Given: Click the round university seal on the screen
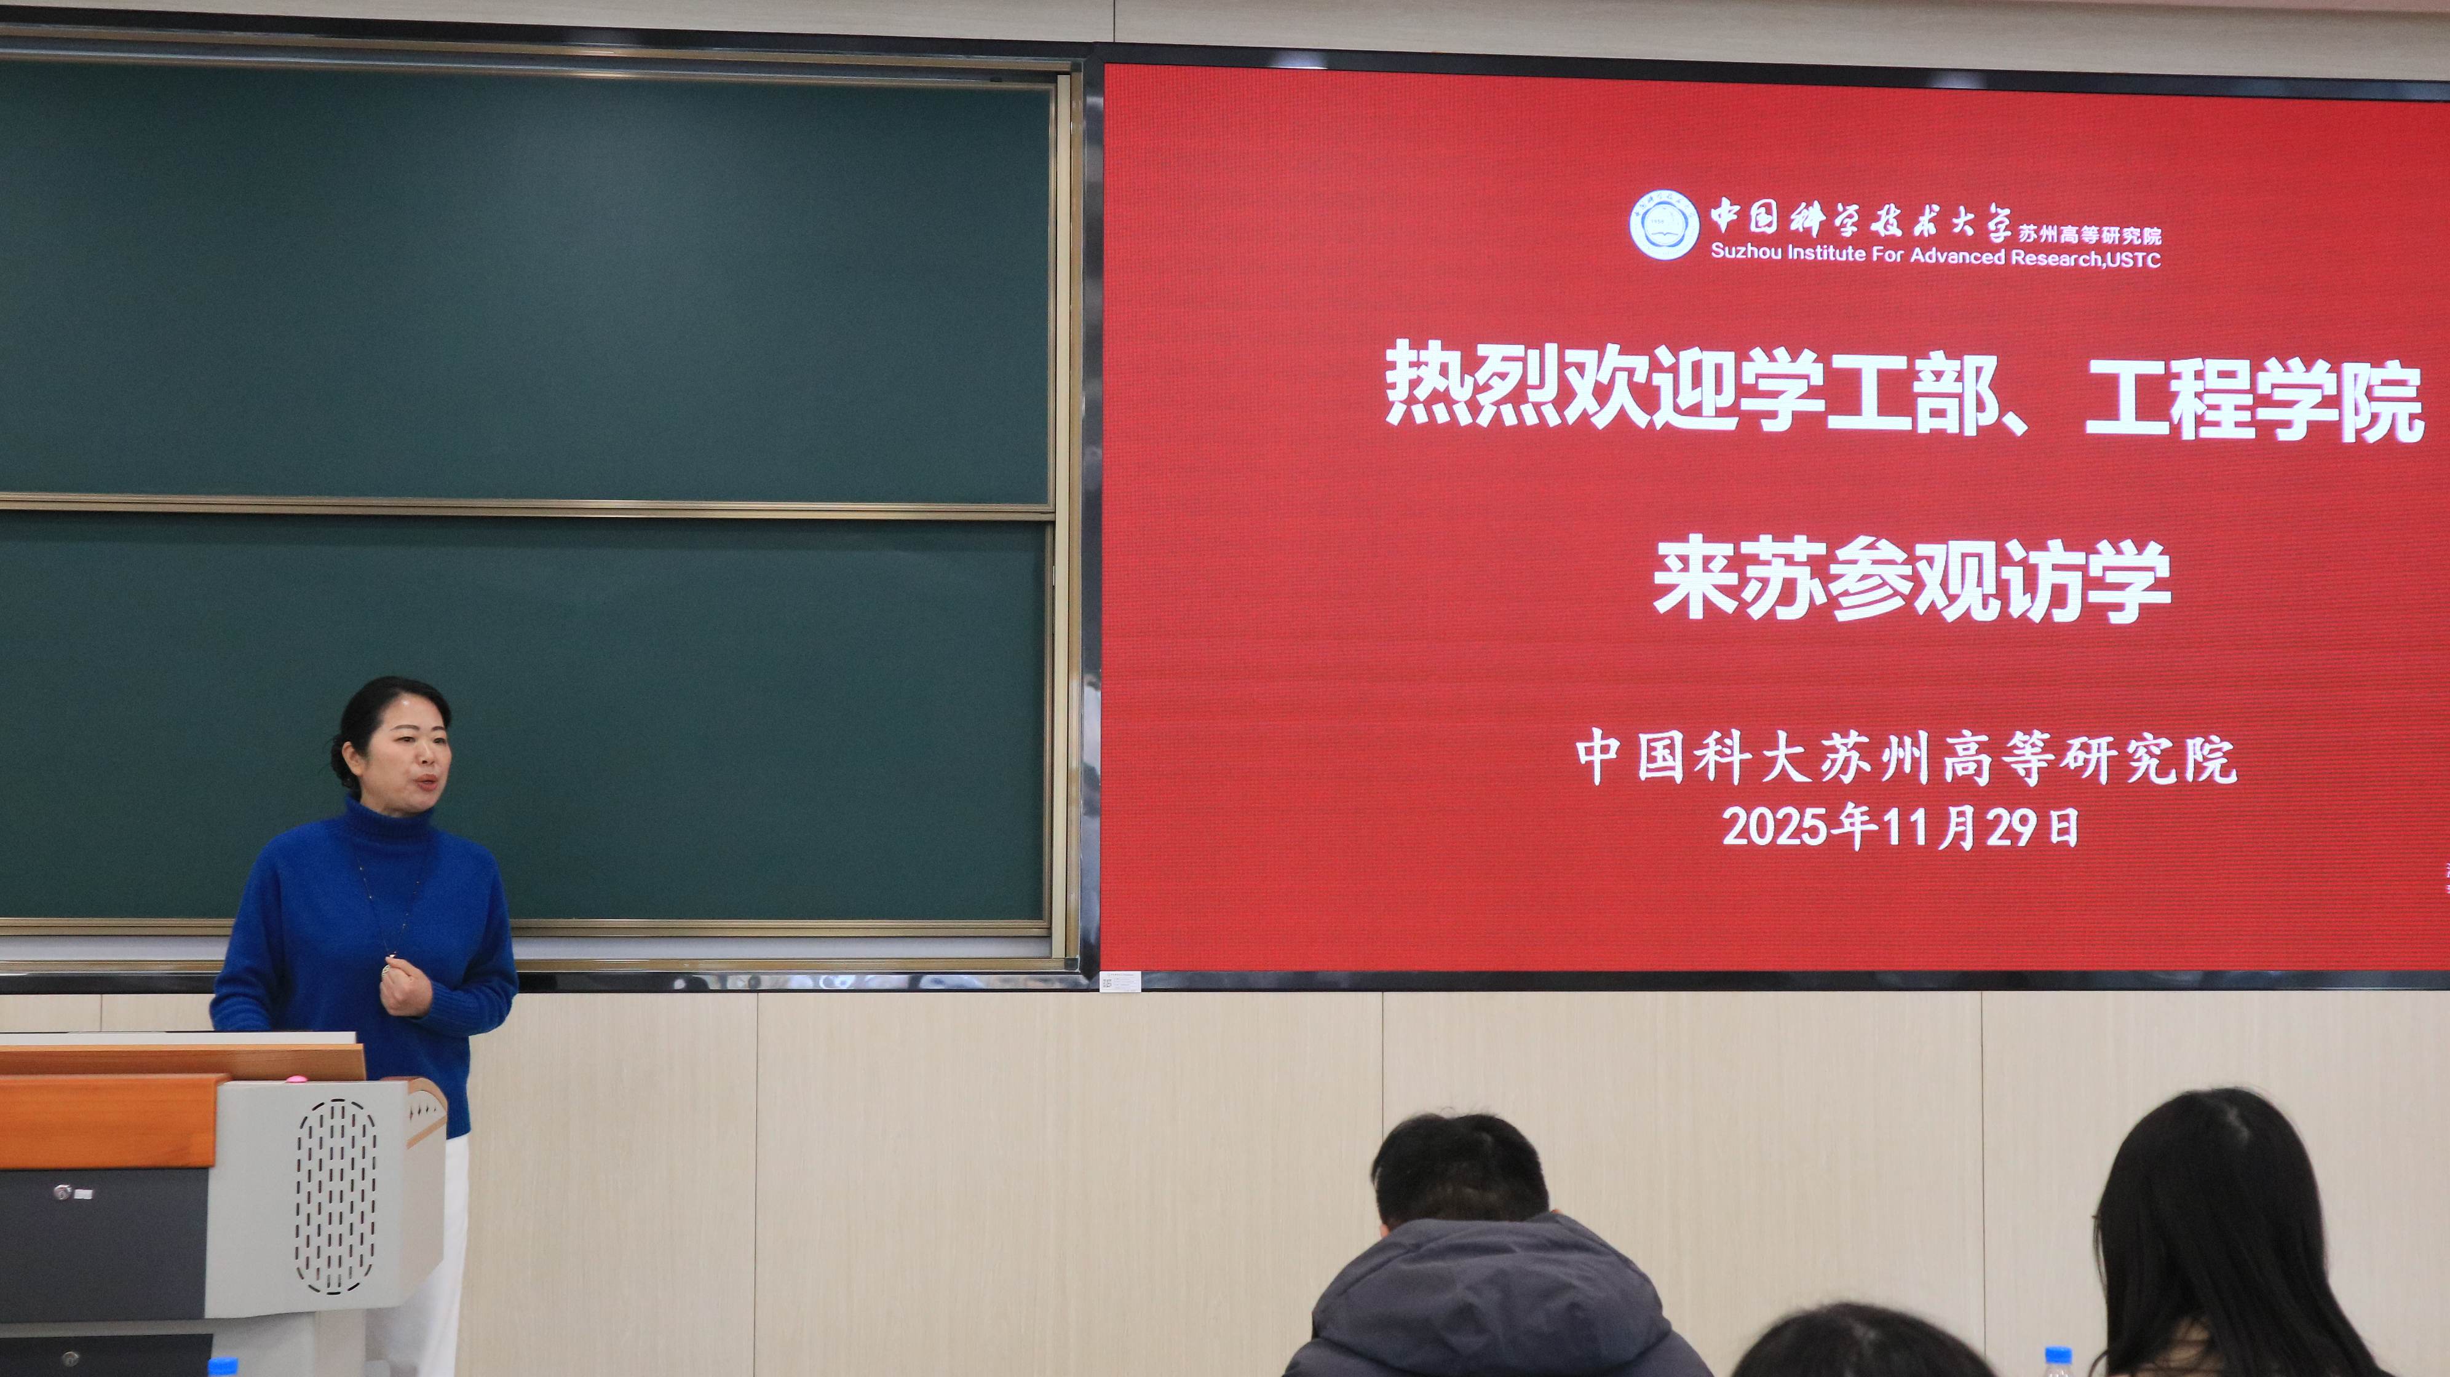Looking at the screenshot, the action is click(1663, 224).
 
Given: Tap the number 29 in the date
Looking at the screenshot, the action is click(2008, 828).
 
